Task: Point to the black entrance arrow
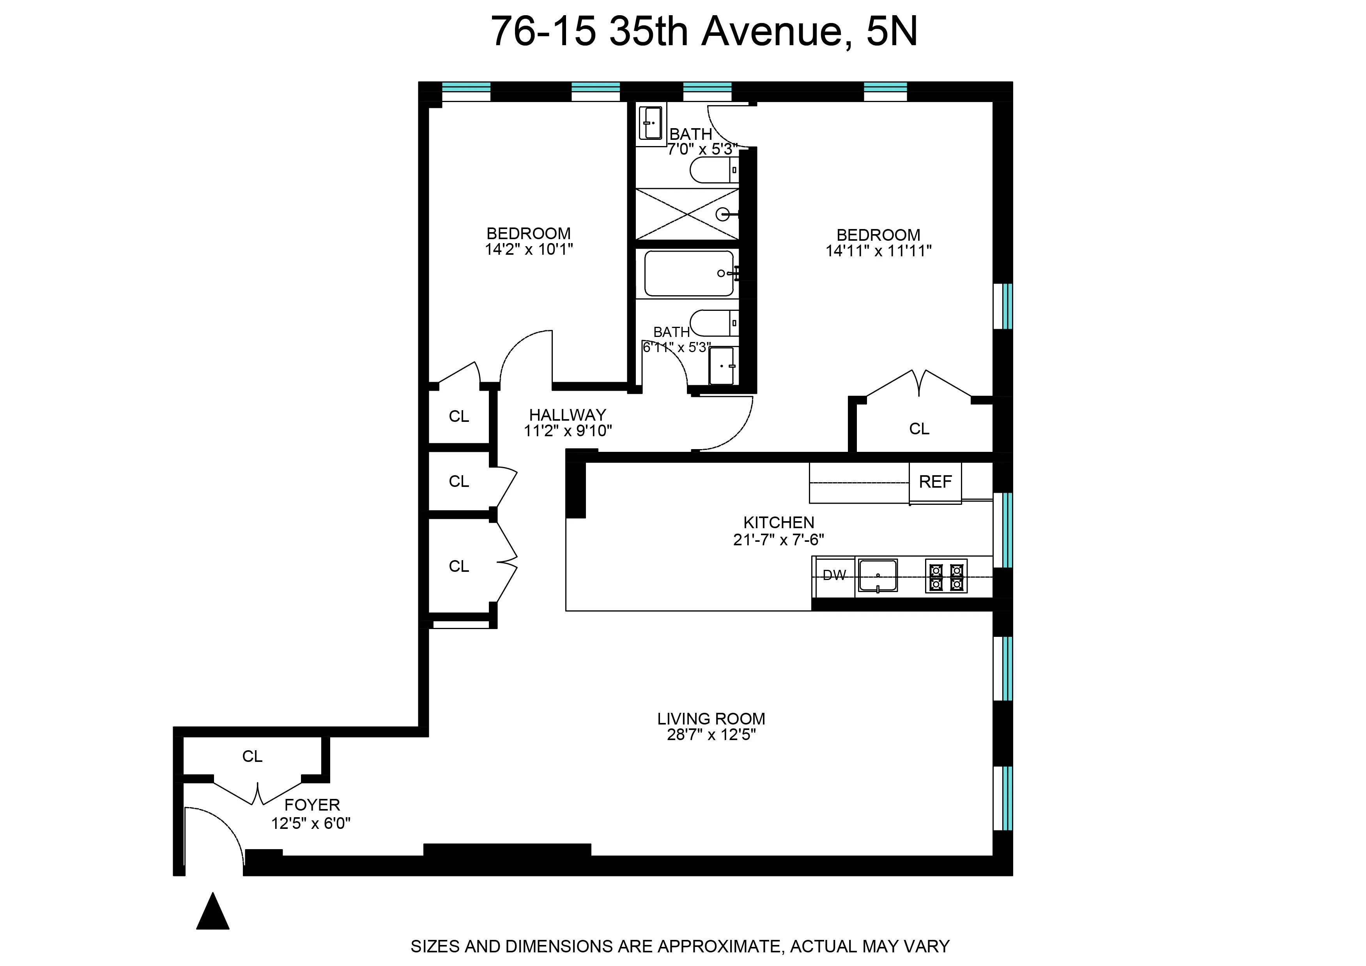point(212,912)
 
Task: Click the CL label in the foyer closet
point(252,756)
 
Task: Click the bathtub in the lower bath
point(689,273)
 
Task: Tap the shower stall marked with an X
point(687,214)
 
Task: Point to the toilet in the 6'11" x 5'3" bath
point(713,323)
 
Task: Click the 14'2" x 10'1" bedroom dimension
point(529,249)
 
